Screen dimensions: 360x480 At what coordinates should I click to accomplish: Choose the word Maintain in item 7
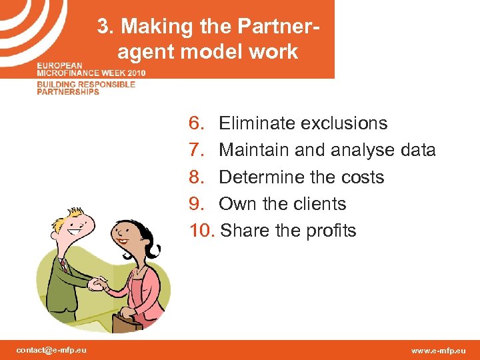click(254, 150)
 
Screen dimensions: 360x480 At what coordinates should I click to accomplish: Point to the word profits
click(331, 231)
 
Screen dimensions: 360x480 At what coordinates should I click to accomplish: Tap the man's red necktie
click(64, 263)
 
